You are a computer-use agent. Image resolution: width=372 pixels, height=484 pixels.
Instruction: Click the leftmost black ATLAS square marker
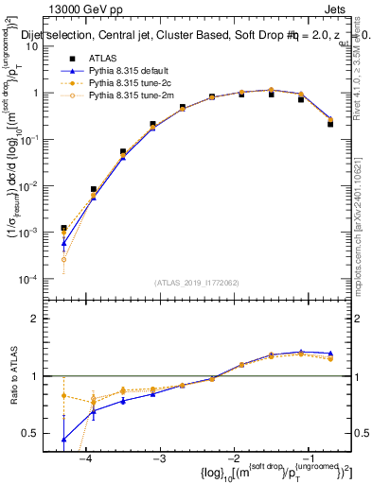[63, 228]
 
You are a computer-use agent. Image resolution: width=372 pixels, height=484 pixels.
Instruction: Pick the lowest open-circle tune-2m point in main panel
[63, 259]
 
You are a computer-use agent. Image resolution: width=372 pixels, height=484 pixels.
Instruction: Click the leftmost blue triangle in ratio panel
[63, 439]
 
